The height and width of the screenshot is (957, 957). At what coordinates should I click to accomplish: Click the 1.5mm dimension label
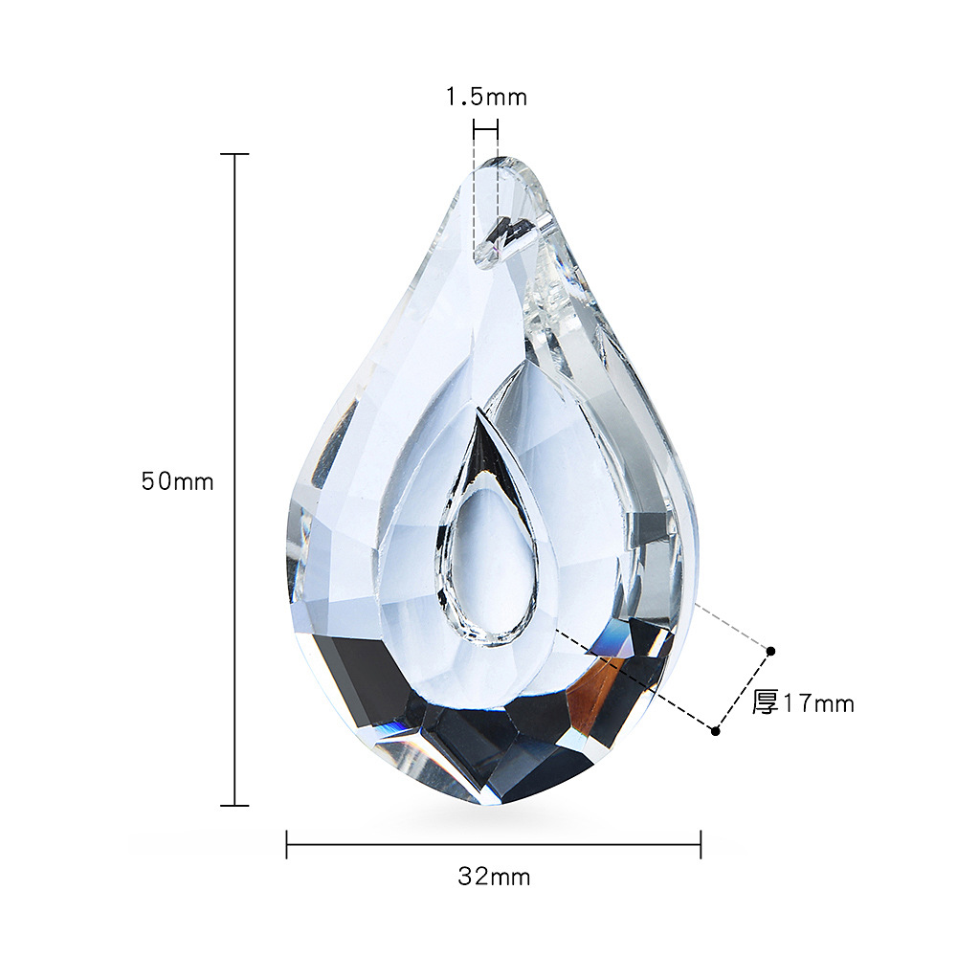[x=486, y=97]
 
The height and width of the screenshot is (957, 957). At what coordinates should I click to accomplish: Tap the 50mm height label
[x=178, y=481]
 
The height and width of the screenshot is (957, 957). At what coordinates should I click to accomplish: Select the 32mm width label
[x=494, y=877]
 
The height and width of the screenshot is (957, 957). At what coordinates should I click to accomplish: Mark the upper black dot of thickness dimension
[x=770, y=651]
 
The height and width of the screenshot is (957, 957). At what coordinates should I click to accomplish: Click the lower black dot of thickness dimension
[x=715, y=730]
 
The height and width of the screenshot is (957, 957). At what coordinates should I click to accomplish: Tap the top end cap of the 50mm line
[x=235, y=154]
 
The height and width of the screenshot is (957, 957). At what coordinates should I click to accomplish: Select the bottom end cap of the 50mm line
[x=235, y=806]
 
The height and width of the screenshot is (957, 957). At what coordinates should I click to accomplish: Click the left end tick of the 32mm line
[x=287, y=844]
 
